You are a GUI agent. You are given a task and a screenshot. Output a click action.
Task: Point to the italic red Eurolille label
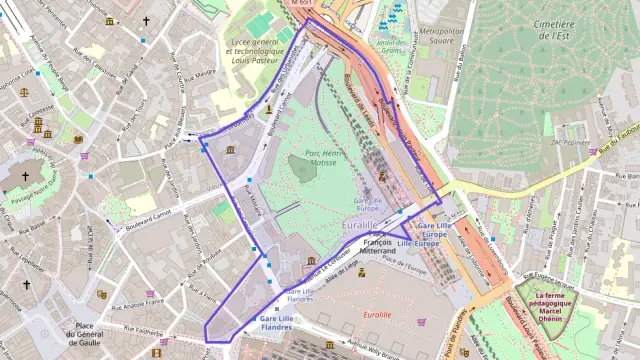pyautogui.click(x=377, y=314)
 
